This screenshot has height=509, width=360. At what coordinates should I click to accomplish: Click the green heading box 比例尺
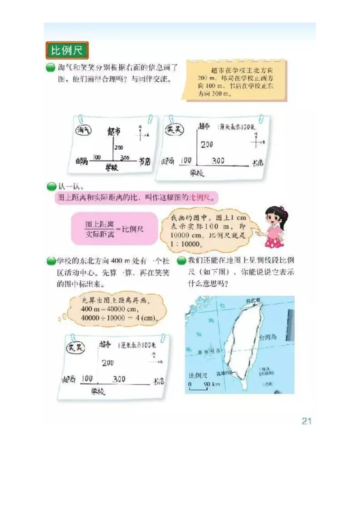[x=67, y=50]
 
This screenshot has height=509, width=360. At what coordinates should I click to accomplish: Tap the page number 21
[x=306, y=421]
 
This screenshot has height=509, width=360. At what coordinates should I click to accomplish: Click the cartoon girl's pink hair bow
[x=282, y=210]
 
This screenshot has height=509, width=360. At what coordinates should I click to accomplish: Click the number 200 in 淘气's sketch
[x=118, y=147]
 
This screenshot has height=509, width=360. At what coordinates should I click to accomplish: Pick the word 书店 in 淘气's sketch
[x=144, y=161]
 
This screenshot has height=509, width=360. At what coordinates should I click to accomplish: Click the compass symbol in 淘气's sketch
[x=141, y=134]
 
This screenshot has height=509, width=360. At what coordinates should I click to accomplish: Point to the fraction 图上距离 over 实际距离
[x=100, y=229]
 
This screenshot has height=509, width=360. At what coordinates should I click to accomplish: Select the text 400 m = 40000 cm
[x=110, y=310]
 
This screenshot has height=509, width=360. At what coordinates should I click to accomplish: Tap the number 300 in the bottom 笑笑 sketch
[x=119, y=379]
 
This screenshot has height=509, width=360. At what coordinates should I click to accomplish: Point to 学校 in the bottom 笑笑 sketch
[x=97, y=391]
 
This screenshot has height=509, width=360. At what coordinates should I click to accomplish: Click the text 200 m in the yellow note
[x=205, y=78]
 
